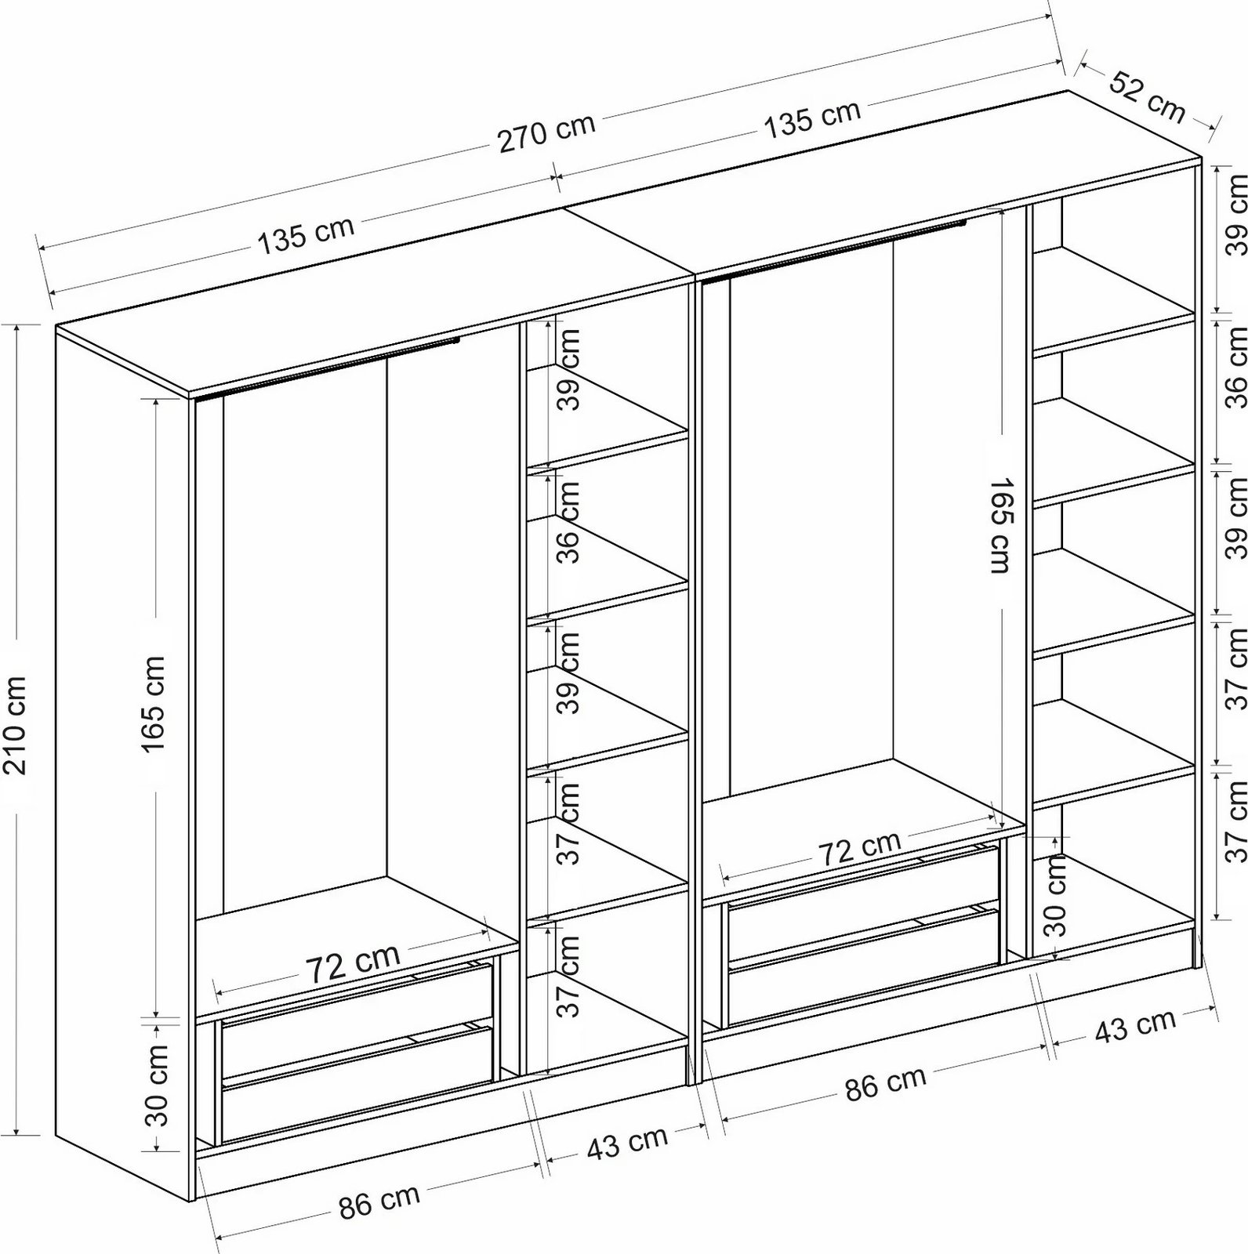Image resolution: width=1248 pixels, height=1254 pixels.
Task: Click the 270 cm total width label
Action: pyautogui.click(x=546, y=134)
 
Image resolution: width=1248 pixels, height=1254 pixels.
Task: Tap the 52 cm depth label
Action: pyautogui.click(x=1147, y=96)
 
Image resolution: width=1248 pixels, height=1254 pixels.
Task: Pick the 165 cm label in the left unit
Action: pyautogui.click(x=154, y=704)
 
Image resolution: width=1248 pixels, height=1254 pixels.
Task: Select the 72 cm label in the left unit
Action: pyautogui.click(x=352, y=963)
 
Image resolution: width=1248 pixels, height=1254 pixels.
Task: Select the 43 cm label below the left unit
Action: pyautogui.click(x=626, y=1143)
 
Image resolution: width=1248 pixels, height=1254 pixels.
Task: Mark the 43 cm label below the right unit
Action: pyautogui.click(x=1134, y=1026)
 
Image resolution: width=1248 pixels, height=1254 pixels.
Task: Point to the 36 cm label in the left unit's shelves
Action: pyautogui.click(x=570, y=521)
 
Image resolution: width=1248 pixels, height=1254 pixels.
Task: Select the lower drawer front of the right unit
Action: pyautogui.click(x=862, y=974)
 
